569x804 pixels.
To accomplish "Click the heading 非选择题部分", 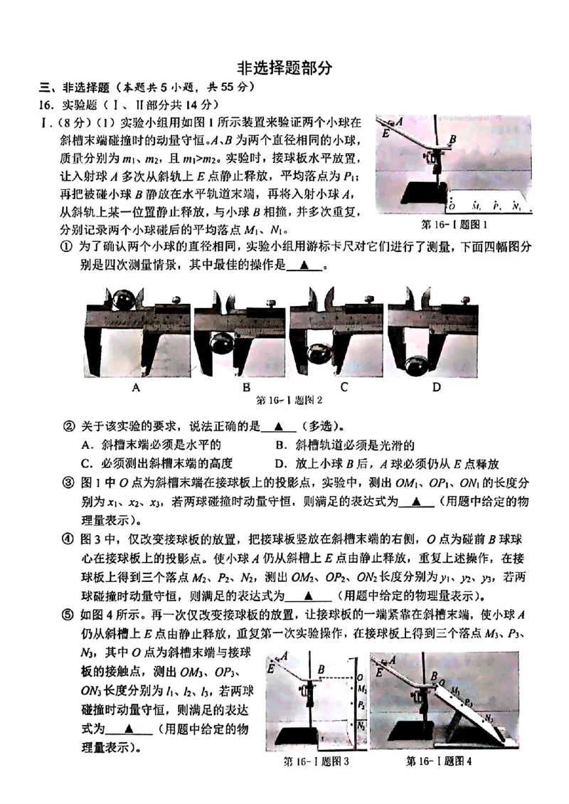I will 284,68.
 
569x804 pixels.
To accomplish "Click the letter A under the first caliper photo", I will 135,388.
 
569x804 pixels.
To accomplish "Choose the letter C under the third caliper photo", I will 344,388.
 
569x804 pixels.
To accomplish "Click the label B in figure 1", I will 452,139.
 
